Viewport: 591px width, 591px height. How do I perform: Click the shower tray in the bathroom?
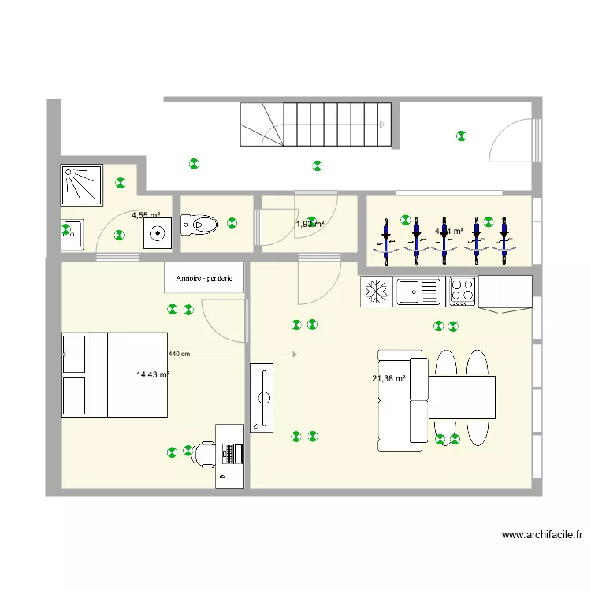click(x=82, y=185)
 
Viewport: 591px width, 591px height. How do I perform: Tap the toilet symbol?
click(x=200, y=225)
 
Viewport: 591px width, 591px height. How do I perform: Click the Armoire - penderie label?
click(x=203, y=277)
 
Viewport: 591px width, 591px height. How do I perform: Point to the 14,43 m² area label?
click(x=153, y=375)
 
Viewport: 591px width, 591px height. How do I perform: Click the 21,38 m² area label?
click(x=388, y=379)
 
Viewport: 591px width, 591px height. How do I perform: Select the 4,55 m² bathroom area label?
click(x=146, y=215)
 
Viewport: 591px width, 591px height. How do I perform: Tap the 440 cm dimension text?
click(x=179, y=355)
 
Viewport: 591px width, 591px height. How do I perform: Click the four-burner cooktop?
click(x=462, y=292)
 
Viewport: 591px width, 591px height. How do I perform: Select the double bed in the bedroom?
click(x=115, y=374)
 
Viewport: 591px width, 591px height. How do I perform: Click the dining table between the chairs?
click(x=462, y=397)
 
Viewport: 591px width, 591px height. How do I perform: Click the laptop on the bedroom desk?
click(x=231, y=453)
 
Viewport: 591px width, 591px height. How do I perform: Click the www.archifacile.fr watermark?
click(x=542, y=535)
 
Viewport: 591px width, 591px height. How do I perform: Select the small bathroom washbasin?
click(x=72, y=233)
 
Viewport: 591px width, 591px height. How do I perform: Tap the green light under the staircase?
click(x=317, y=165)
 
